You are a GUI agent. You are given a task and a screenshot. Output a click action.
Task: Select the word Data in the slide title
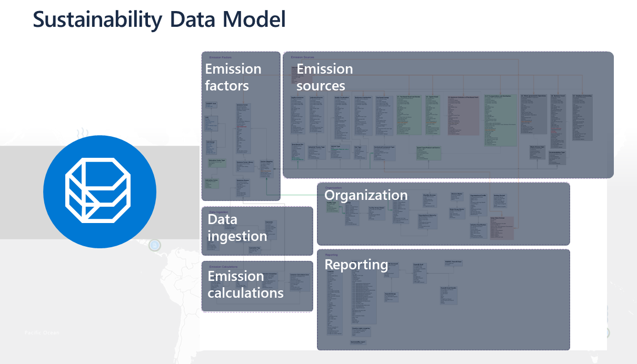[x=193, y=19]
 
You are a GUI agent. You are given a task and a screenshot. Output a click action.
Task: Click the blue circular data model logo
[x=99, y=191]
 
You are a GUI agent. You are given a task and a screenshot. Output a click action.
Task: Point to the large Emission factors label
[x=233, y=77]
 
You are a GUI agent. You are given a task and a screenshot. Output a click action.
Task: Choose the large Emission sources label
[x=324, y=77]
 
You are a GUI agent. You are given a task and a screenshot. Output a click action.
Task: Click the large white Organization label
[x=366, y=195]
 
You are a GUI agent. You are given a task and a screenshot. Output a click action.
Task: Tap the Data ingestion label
[x=237, y=228]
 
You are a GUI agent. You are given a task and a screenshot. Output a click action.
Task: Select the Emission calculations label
[x=245, y=285]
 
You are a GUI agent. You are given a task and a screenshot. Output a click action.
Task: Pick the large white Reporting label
[x=356, y=265]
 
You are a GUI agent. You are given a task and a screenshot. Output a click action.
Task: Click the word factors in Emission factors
[x=227, y=85]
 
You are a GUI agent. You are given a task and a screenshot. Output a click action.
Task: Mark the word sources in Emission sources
[x=321, y=85]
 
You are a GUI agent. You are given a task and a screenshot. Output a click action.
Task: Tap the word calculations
[x=245, y=293]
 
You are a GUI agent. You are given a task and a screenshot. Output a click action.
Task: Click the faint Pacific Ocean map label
[x=42, y=332]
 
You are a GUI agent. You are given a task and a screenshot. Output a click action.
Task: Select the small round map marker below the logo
[x=154, y=245]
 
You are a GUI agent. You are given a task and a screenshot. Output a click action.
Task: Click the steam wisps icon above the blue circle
[x=82, y=131]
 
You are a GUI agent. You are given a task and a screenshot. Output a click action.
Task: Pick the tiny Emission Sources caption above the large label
[x=302, y=57]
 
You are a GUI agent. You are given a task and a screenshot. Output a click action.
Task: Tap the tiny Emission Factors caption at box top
[x=221, y=57]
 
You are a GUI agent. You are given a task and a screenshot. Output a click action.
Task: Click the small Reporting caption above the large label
[x=331, y=255]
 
